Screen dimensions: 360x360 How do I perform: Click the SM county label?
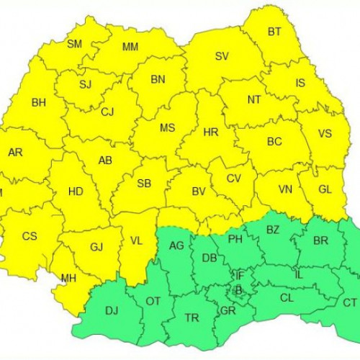[x=74, y=44]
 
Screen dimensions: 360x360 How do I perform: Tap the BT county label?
[x=274, y=32]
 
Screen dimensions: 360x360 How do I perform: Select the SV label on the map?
[x=222, y=56]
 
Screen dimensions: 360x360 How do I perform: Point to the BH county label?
[x=38, y=103]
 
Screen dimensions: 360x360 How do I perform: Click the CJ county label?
[x=107, y=112]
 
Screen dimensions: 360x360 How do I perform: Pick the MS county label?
[x=167, y=128]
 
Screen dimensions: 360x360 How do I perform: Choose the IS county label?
[x=300, y=84]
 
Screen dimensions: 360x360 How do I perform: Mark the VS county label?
[x=325, y=134]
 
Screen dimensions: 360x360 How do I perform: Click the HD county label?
[x=75, y=192]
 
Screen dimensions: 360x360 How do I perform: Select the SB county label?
[x=144, y=184]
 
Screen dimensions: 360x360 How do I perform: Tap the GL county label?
[x=325, y=189]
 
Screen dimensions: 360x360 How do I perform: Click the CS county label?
[x=30, y=235]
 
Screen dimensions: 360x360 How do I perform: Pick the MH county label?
[x=68, y=278]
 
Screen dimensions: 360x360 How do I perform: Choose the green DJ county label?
[x=112, y=310]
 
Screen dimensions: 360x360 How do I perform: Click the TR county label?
[x=192, y=318]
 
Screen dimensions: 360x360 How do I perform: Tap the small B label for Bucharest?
[x=239, y=290]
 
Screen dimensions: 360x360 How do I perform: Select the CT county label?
[x=349, y=303]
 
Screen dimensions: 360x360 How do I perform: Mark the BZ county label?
[x=273, y=230]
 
